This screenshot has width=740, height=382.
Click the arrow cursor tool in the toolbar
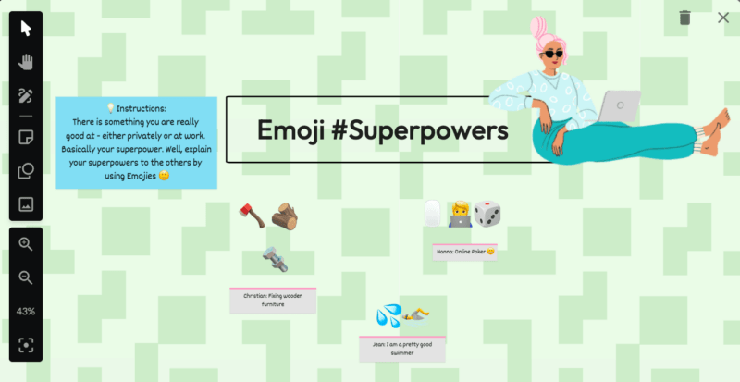click(x=26, y=28)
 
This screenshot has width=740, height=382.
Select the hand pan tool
click(x=26, y=62)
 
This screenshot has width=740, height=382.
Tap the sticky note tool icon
click(x=26, y=138)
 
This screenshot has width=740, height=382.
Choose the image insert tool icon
click(x=26, y=203)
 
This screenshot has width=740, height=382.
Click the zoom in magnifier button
click(x=26, y=244)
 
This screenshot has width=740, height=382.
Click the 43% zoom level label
click(x=26, y=311)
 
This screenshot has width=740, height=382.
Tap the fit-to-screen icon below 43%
click(x=26, y=345)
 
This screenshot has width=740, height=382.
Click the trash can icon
click(x=684, y=18)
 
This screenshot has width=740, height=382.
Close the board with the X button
click(x=723, y=18)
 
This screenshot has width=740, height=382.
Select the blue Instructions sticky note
click(x=136, y=142)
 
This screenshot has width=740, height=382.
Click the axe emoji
click(x=251, y=216)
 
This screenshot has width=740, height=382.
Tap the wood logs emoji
click(x=284, y=216)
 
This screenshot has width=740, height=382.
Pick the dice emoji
click(x=487, y=215)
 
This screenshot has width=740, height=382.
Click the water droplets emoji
click(x=388, y=316)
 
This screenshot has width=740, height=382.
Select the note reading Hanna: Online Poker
click(x=464, y=251)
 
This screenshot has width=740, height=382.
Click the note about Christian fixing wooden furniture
click(x=273, y=300)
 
